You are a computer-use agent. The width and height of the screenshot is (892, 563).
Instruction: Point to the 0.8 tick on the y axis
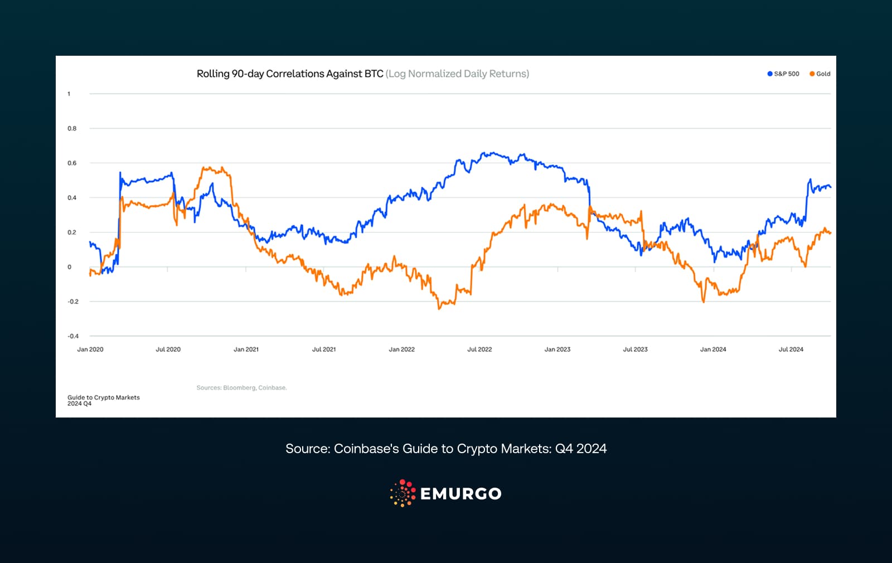[x=72, y=128]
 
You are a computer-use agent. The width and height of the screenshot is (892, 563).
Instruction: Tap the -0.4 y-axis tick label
[x=73, y=336]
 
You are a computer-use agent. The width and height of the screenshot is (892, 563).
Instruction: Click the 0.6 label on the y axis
[x=72, y=163]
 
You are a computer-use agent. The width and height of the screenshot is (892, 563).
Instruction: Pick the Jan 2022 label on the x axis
[x=401, y=350]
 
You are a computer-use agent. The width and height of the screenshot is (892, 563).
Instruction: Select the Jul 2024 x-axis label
[x=791, y=350]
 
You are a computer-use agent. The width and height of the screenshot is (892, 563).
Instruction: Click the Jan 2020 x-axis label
[x=90, y=350]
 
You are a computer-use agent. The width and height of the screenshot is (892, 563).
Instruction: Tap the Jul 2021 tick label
[x=324, y=350]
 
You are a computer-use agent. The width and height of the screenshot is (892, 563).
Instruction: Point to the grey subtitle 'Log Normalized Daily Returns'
[x=457, y=74]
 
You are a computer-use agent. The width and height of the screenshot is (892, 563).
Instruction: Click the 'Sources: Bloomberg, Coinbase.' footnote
[x=241, y=388]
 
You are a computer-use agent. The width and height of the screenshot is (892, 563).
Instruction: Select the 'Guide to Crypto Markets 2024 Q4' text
[x=103, y=400]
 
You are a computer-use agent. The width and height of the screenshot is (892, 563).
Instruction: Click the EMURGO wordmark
[x=460, y=494]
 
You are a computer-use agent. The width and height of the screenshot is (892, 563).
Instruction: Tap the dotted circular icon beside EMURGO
[x=403, y=493]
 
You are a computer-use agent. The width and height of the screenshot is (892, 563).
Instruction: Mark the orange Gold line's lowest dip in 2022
[x=439, y=308]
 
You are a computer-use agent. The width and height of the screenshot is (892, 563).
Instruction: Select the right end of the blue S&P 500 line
[x=830, y=187]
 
